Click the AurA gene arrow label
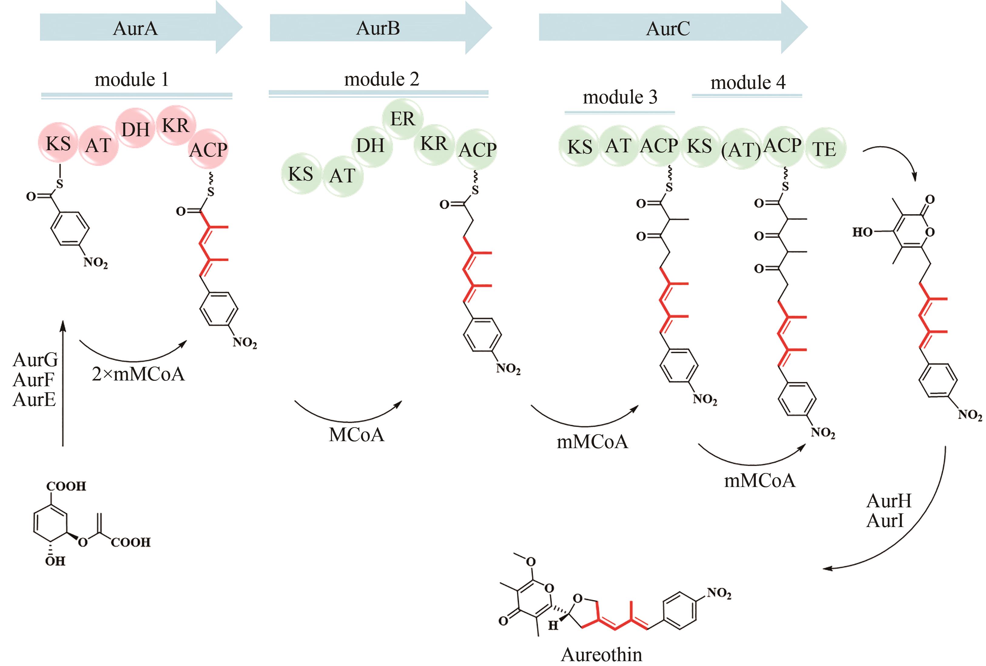[x=135, y=29]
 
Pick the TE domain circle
[x=824, y=148]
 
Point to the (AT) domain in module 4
[x=741, y=149]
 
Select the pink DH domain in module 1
[x=135, y=129]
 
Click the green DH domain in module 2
[x=370, y=145]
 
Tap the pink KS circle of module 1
[x=58, y=144]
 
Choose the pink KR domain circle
[x=175, y=125]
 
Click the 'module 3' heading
[x=620, y=97]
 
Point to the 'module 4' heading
[x=748, y=82]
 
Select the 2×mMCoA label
[x=138, y=374]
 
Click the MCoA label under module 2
[x=356, y=435]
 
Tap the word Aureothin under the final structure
[x=601, y=654]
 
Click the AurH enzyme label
[x=889, y=501]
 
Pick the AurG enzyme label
[x=35, y=360]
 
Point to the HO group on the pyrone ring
[x=862, y=232]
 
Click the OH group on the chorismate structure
[x=55, y=561]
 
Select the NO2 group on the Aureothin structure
[x=719, y=593]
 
